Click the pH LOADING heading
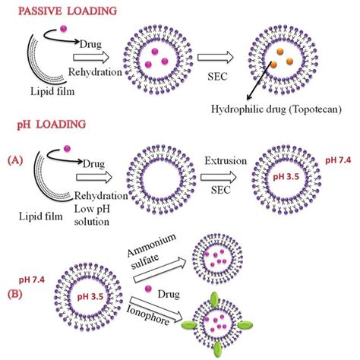click(x=47, y=122)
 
